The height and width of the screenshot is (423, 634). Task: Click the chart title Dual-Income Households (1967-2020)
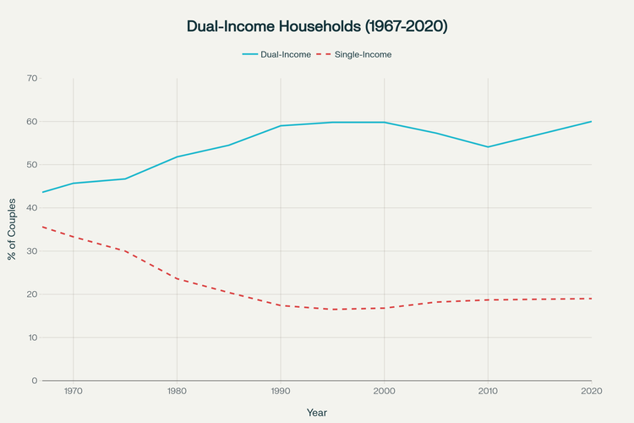[317, 26]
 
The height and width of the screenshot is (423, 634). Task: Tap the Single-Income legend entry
[362, 54]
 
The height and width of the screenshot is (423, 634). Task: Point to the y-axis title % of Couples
[12, 229]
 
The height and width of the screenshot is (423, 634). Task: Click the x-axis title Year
[317, 412]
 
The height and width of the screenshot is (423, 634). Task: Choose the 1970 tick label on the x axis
[73, 392]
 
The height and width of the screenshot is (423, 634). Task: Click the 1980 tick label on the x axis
[177, 392]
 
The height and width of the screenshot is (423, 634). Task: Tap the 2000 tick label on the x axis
[384, 392]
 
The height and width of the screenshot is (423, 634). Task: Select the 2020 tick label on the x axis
[591, 392]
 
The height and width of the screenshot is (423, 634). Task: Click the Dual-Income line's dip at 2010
[488, 146]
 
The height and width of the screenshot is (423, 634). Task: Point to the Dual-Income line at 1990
[281, 125]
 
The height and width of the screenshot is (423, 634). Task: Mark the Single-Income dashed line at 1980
[177, 278]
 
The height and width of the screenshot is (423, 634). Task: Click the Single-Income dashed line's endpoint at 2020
[591, 299]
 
